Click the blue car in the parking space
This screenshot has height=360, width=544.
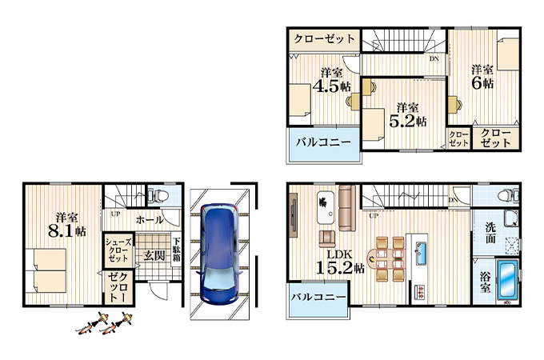tap(219, 254)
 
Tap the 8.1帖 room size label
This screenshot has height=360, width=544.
tap(67, 231)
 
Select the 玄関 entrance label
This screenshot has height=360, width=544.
tap(154, 256)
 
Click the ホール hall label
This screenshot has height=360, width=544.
tap(150, 219)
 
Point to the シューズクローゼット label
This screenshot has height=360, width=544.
tap(118, 250)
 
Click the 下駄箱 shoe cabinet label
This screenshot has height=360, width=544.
tap(177, 249)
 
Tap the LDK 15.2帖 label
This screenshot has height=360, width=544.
tap(340, 261)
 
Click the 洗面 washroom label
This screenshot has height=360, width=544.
tap(490, 233)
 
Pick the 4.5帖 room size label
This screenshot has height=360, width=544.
tap(332, 86)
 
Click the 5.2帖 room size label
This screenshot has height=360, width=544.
tap(408, 121)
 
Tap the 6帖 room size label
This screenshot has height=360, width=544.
tap(482, 83)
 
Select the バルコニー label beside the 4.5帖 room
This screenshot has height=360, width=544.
tap(323, 142)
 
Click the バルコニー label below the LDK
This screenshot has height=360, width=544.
tap(318, 297)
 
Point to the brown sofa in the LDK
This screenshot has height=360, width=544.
tap(347, 208)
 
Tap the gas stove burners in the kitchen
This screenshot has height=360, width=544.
tap(421, 291)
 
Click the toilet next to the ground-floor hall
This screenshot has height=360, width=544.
tap(159, 196)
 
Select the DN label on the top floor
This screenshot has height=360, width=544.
tap(434, 58)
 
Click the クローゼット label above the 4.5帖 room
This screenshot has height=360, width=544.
tap(324, 39)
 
